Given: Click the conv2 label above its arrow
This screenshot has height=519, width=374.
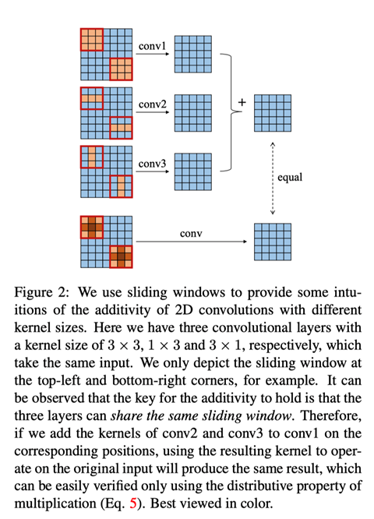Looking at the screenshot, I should (151, 104).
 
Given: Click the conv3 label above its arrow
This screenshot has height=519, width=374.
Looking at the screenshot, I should (151, 163).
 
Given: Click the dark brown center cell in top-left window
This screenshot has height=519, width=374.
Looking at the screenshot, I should (91, 228).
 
